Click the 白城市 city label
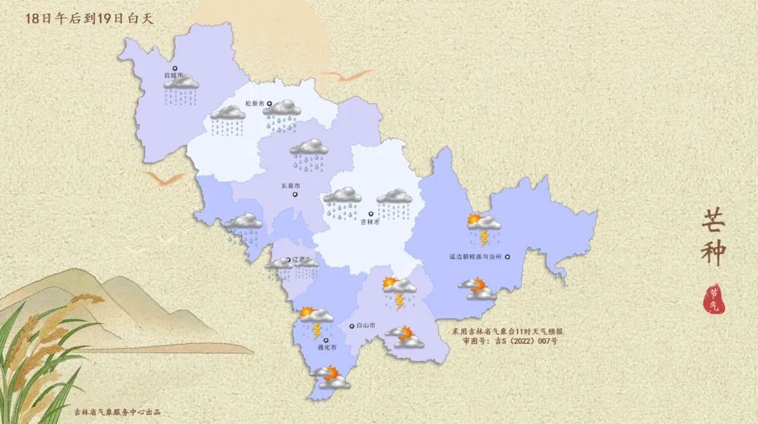(173, 74)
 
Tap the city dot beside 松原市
(269, 104)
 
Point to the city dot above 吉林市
(371, 213)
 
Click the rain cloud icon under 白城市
(181, 90)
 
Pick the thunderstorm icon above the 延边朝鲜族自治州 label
(484, 227)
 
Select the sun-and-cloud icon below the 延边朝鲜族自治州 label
(477, 289)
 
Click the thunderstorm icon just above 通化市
(316, 320)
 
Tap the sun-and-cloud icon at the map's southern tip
(330, 378)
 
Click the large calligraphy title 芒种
(713, 238)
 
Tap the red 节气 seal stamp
(713, 300)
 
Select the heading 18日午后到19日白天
(89, 19)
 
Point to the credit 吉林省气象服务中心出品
(117, 411)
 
